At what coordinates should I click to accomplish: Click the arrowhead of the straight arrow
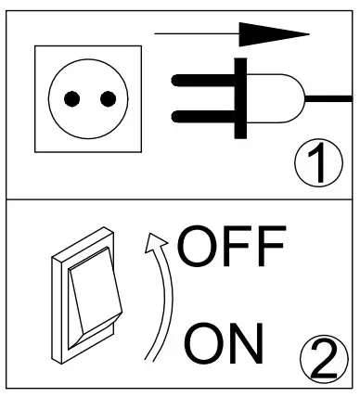point(278,34)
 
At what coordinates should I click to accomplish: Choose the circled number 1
point(316,166)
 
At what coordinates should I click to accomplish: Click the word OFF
point(230,249)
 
